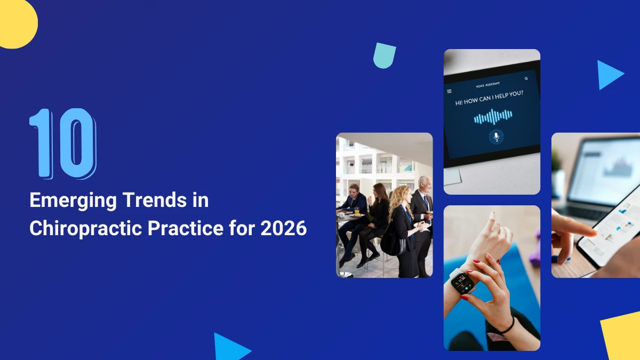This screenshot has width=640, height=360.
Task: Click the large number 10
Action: pos(63,143)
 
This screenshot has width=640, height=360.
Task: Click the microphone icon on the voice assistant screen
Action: pos(496,137)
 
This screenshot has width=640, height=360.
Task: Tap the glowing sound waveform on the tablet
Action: pos(493,117)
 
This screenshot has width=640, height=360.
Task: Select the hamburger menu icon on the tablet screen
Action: pos(449,91)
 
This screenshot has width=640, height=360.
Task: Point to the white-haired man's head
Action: pos(425,183)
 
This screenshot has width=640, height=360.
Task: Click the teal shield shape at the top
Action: pos(385,55)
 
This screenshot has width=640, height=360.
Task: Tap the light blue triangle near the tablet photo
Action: pos(609,75)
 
